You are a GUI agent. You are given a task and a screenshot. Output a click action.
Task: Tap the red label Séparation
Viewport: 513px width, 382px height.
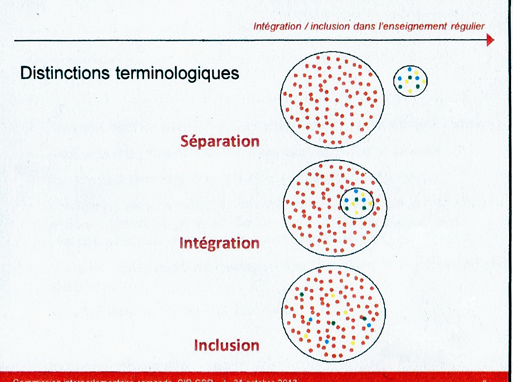tap(220, 141)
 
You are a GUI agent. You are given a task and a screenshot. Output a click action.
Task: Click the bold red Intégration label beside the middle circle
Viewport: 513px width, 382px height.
tap(219, 243)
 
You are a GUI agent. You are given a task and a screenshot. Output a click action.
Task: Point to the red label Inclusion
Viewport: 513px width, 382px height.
tap(227, 345)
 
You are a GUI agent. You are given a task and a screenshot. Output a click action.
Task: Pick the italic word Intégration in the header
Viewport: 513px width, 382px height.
tap(276, 26)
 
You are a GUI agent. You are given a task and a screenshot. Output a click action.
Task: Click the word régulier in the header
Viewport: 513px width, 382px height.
tap(469, 26)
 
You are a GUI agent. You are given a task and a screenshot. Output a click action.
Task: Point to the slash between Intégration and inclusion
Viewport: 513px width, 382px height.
tap(305, 26)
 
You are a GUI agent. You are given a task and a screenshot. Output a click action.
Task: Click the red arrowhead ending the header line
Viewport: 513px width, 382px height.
tap(490, 40)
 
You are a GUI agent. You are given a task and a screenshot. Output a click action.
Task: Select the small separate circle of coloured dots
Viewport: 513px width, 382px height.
tap(410, 81)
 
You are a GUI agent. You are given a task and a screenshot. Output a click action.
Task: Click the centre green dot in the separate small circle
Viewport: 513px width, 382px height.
tap(410, 78)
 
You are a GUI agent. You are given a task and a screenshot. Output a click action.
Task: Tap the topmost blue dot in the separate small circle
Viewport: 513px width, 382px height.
tap(409, 69)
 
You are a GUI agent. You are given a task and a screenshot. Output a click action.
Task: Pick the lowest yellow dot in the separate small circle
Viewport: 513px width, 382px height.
tap(410, 91)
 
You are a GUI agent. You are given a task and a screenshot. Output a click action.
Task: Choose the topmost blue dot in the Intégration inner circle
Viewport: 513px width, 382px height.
tap(356, 191)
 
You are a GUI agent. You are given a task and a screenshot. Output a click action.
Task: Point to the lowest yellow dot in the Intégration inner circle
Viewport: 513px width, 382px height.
tap(357, 212)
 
